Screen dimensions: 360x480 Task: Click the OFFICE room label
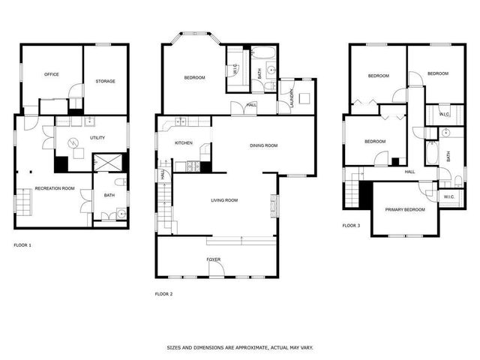(x=52, y=74)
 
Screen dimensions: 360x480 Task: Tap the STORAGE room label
(x=105, y=81)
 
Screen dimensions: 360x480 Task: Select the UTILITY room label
(x=97, y=138)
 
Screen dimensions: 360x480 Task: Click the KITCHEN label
(x=184, y=142)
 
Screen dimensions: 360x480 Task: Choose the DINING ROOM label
(x=264, y=145)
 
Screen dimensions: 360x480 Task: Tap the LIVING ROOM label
(x=223, y=200)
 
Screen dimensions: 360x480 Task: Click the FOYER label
(x=214, y=259)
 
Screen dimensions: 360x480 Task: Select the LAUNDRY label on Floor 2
(x=292, y=100)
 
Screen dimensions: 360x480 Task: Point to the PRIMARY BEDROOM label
(x=405, y=210)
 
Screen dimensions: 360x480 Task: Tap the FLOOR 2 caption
(x=163, y=293)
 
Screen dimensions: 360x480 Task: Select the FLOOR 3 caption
(x=351, y=225)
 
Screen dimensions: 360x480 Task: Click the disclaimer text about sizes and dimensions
(x=239, y=348)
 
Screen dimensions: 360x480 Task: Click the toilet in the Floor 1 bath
(x=121, y=182)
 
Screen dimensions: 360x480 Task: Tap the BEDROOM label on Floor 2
(x=195, y=78)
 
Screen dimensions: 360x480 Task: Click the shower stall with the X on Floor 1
(x=103, y=162)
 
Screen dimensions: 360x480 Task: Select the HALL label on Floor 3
(x=410, y=172)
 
